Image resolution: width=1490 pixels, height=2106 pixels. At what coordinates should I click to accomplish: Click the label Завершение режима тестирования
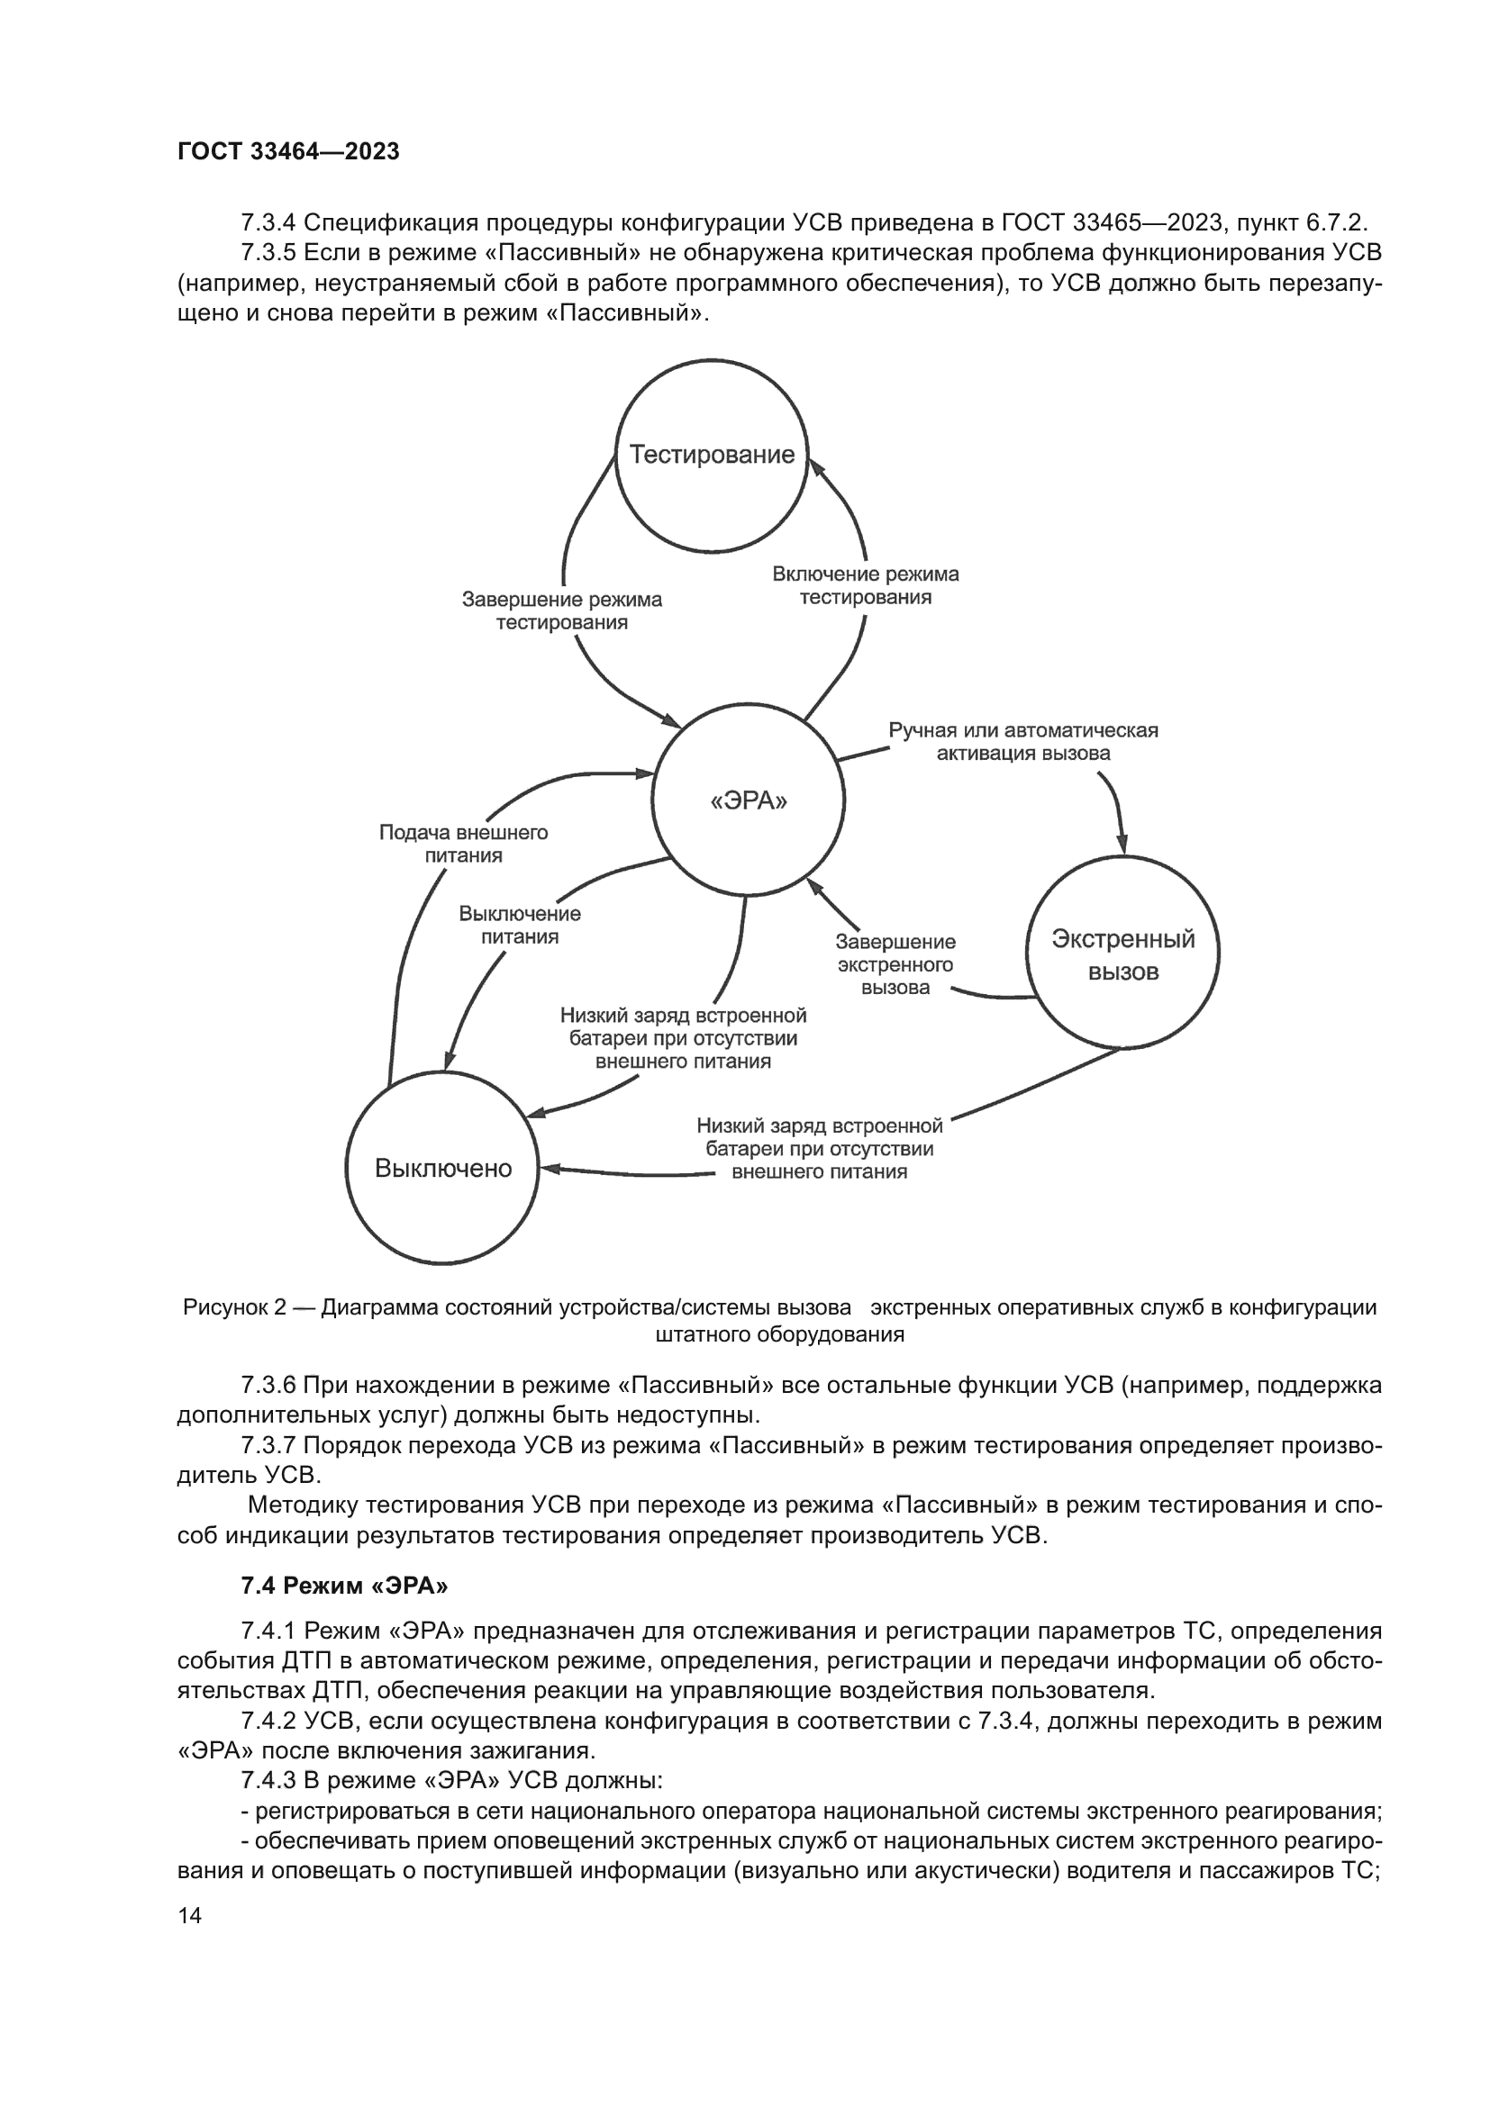pos(561,610)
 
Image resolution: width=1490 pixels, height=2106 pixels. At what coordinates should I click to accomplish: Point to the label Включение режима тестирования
pos(865,585)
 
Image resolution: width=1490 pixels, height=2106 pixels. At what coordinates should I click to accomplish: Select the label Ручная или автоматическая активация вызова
pos(1023,742)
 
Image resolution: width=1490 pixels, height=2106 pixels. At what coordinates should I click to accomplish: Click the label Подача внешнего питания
pos(463,844)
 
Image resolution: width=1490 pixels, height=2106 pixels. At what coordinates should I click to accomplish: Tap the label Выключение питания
pos(519,925)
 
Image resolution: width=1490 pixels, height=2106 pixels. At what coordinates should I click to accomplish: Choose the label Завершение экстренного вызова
pos(895,964)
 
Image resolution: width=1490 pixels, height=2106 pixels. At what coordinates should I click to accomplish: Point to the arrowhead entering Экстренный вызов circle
pos(1122,845)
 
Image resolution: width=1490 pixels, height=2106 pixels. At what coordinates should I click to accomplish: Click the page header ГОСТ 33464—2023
pos(288,151)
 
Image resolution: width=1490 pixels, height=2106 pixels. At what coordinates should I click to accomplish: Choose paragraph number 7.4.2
pos(268,1721)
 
